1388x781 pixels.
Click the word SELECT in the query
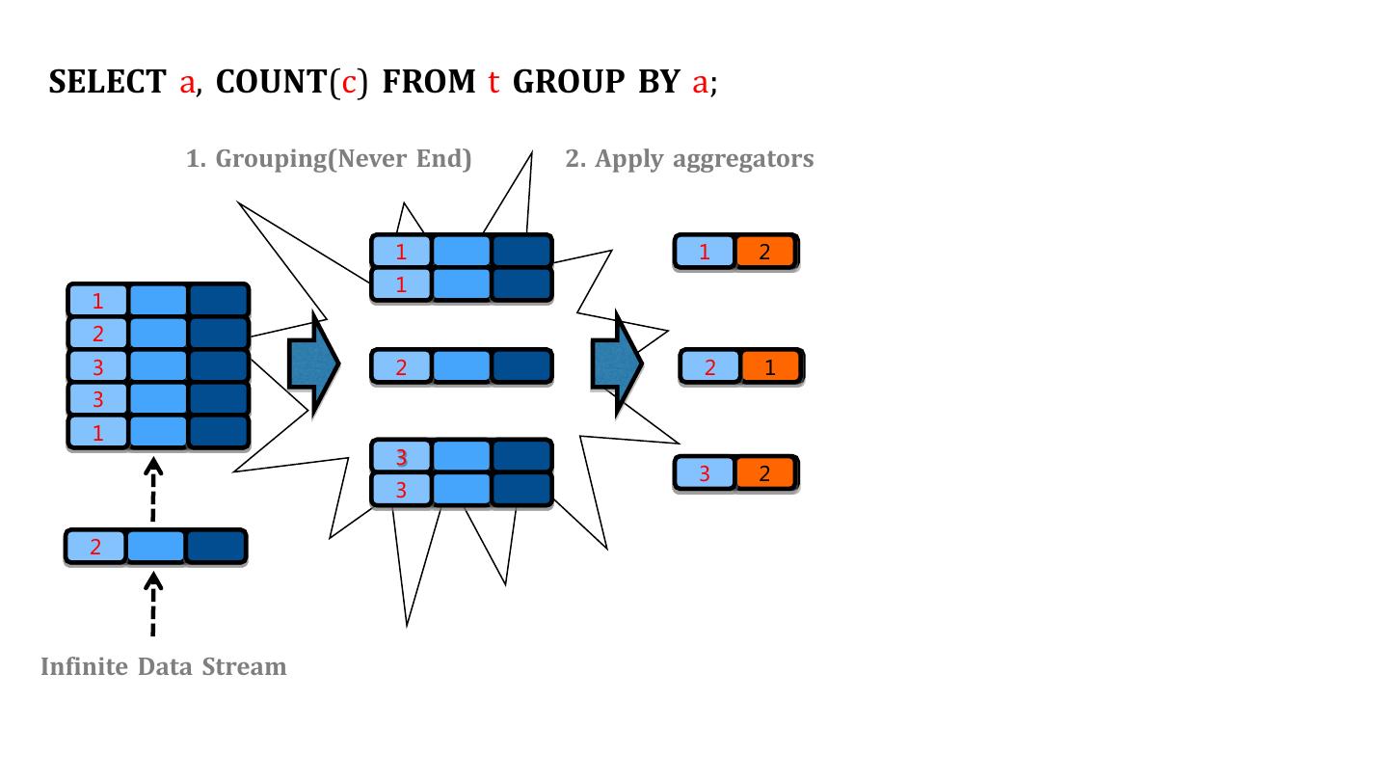(107, 83)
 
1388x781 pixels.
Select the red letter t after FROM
(493, 83)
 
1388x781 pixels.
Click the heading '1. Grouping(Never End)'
(329, 159)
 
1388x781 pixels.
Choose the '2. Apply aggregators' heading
(689, 159)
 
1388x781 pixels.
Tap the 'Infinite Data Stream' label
(164, 667)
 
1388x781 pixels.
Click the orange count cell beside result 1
(765, 253)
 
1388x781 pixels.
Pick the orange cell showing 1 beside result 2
(770, 367)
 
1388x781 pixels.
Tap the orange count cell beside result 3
(765, 473)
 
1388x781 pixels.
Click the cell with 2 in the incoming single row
(95, 548)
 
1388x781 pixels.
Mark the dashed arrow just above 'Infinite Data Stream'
(153, 606)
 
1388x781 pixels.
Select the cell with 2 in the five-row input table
(98, 335)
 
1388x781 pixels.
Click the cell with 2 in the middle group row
(401, 366)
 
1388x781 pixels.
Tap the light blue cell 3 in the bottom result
(705, 473)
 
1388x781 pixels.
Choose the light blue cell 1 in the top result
(705, 253)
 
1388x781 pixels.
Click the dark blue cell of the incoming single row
(215, 548)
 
